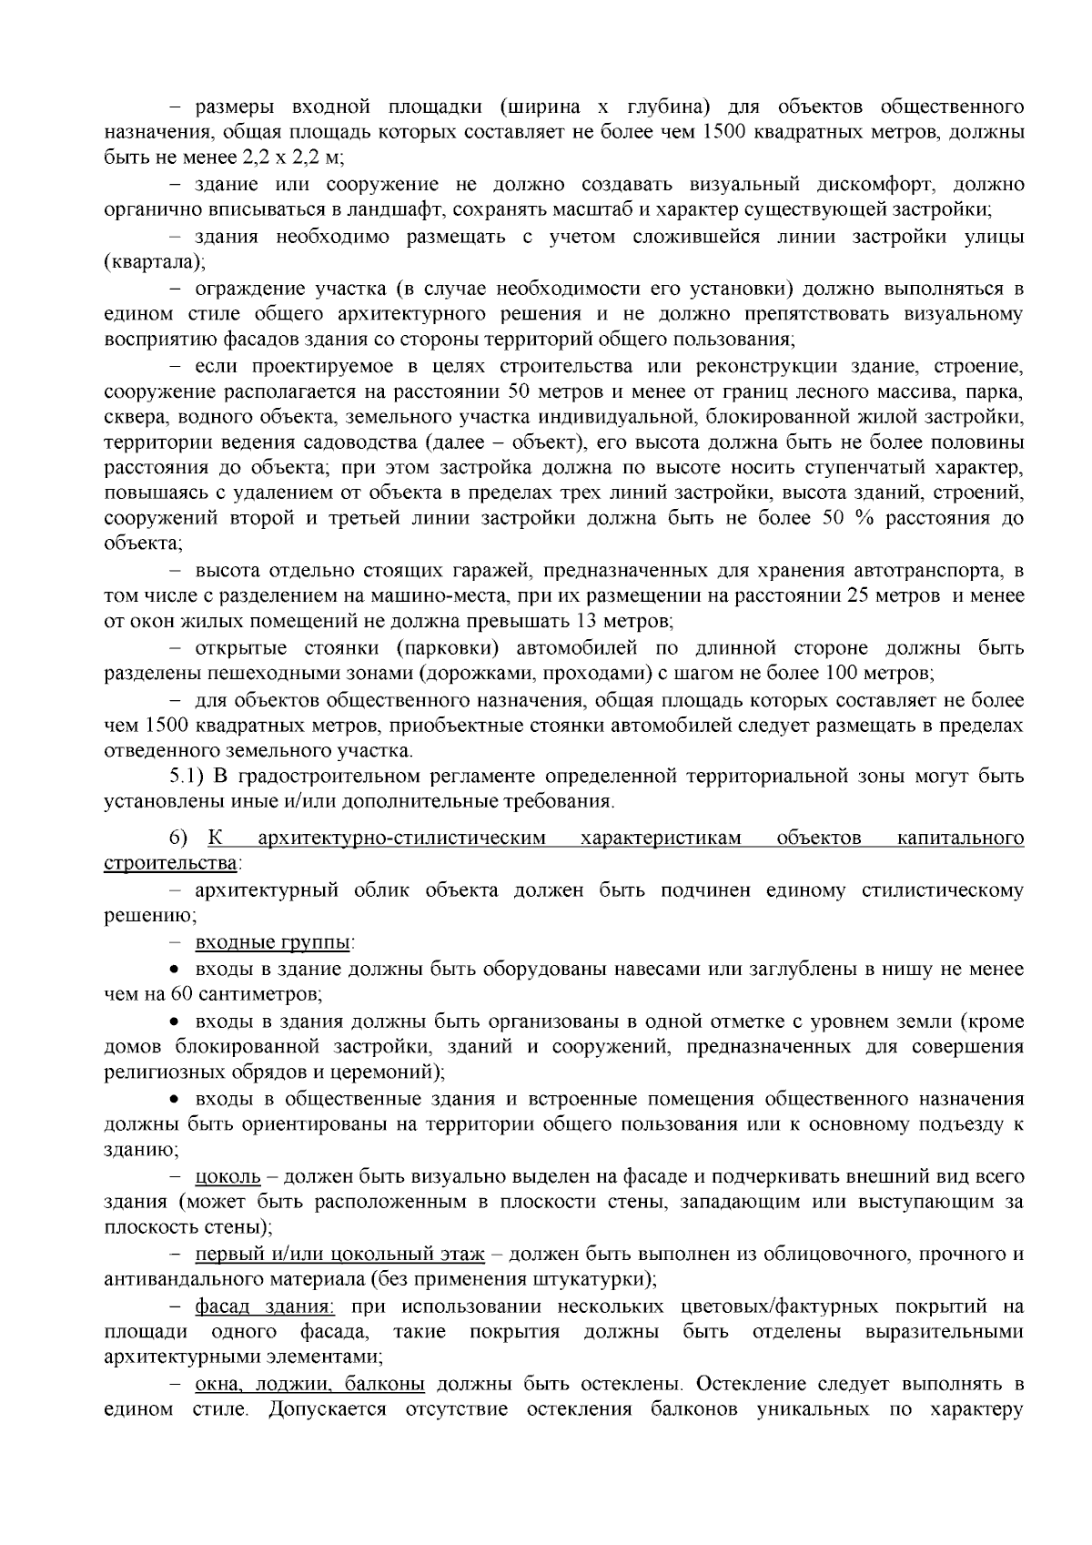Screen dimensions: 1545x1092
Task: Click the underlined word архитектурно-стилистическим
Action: (401, 838)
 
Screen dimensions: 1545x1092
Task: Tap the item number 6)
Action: (177, 838)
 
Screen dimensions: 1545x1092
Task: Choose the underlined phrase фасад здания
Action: (265, 1306)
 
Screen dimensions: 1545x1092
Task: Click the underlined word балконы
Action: (389, 1384)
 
